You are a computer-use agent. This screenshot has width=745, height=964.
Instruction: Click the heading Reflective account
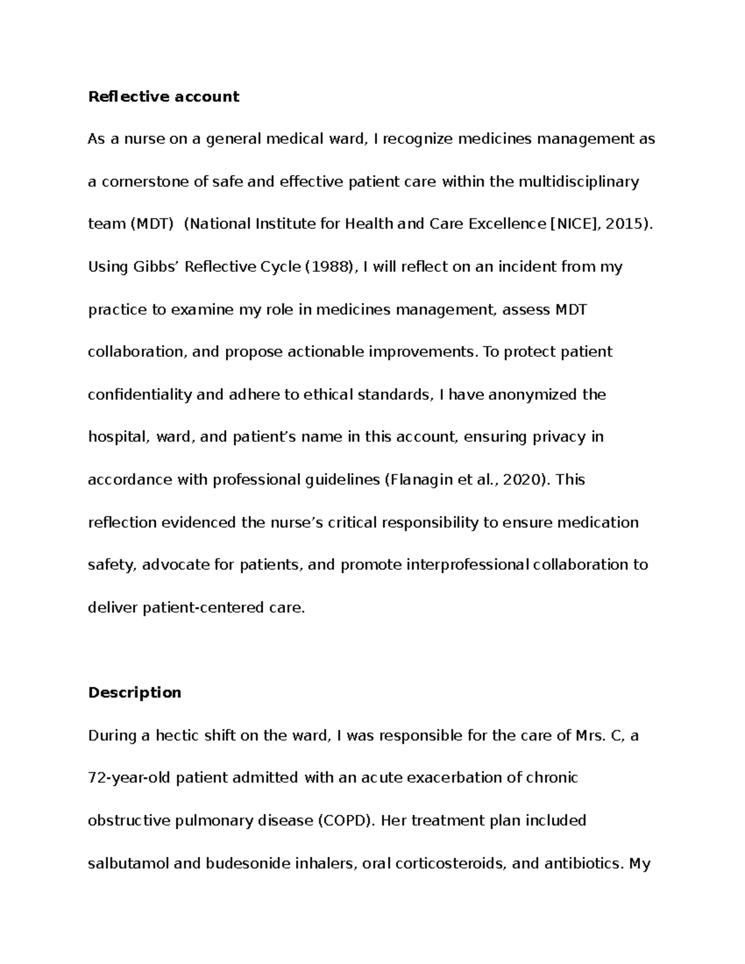point(163,96)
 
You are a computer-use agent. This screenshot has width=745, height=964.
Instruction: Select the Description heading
point(135,692)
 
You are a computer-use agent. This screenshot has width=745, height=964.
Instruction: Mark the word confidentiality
point(140,395)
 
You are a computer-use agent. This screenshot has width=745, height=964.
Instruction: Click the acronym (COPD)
point(346,821)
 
